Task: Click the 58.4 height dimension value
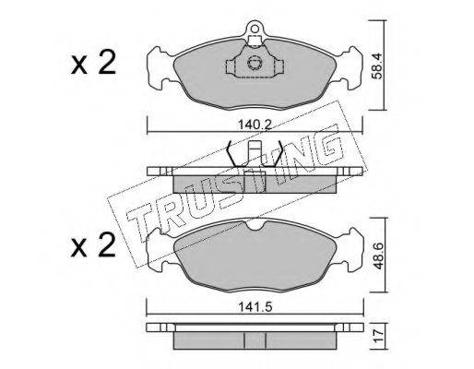tap(377, 66)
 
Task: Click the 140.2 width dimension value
tap(255, 125)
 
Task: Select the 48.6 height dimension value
tap(377, 256)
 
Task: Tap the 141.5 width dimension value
tap(255, 307)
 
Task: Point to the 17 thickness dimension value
tap(378, 336)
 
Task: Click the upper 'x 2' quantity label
tap(93, 63)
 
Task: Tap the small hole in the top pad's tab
tap(255, 29)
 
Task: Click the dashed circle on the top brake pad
tap(255, 63)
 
